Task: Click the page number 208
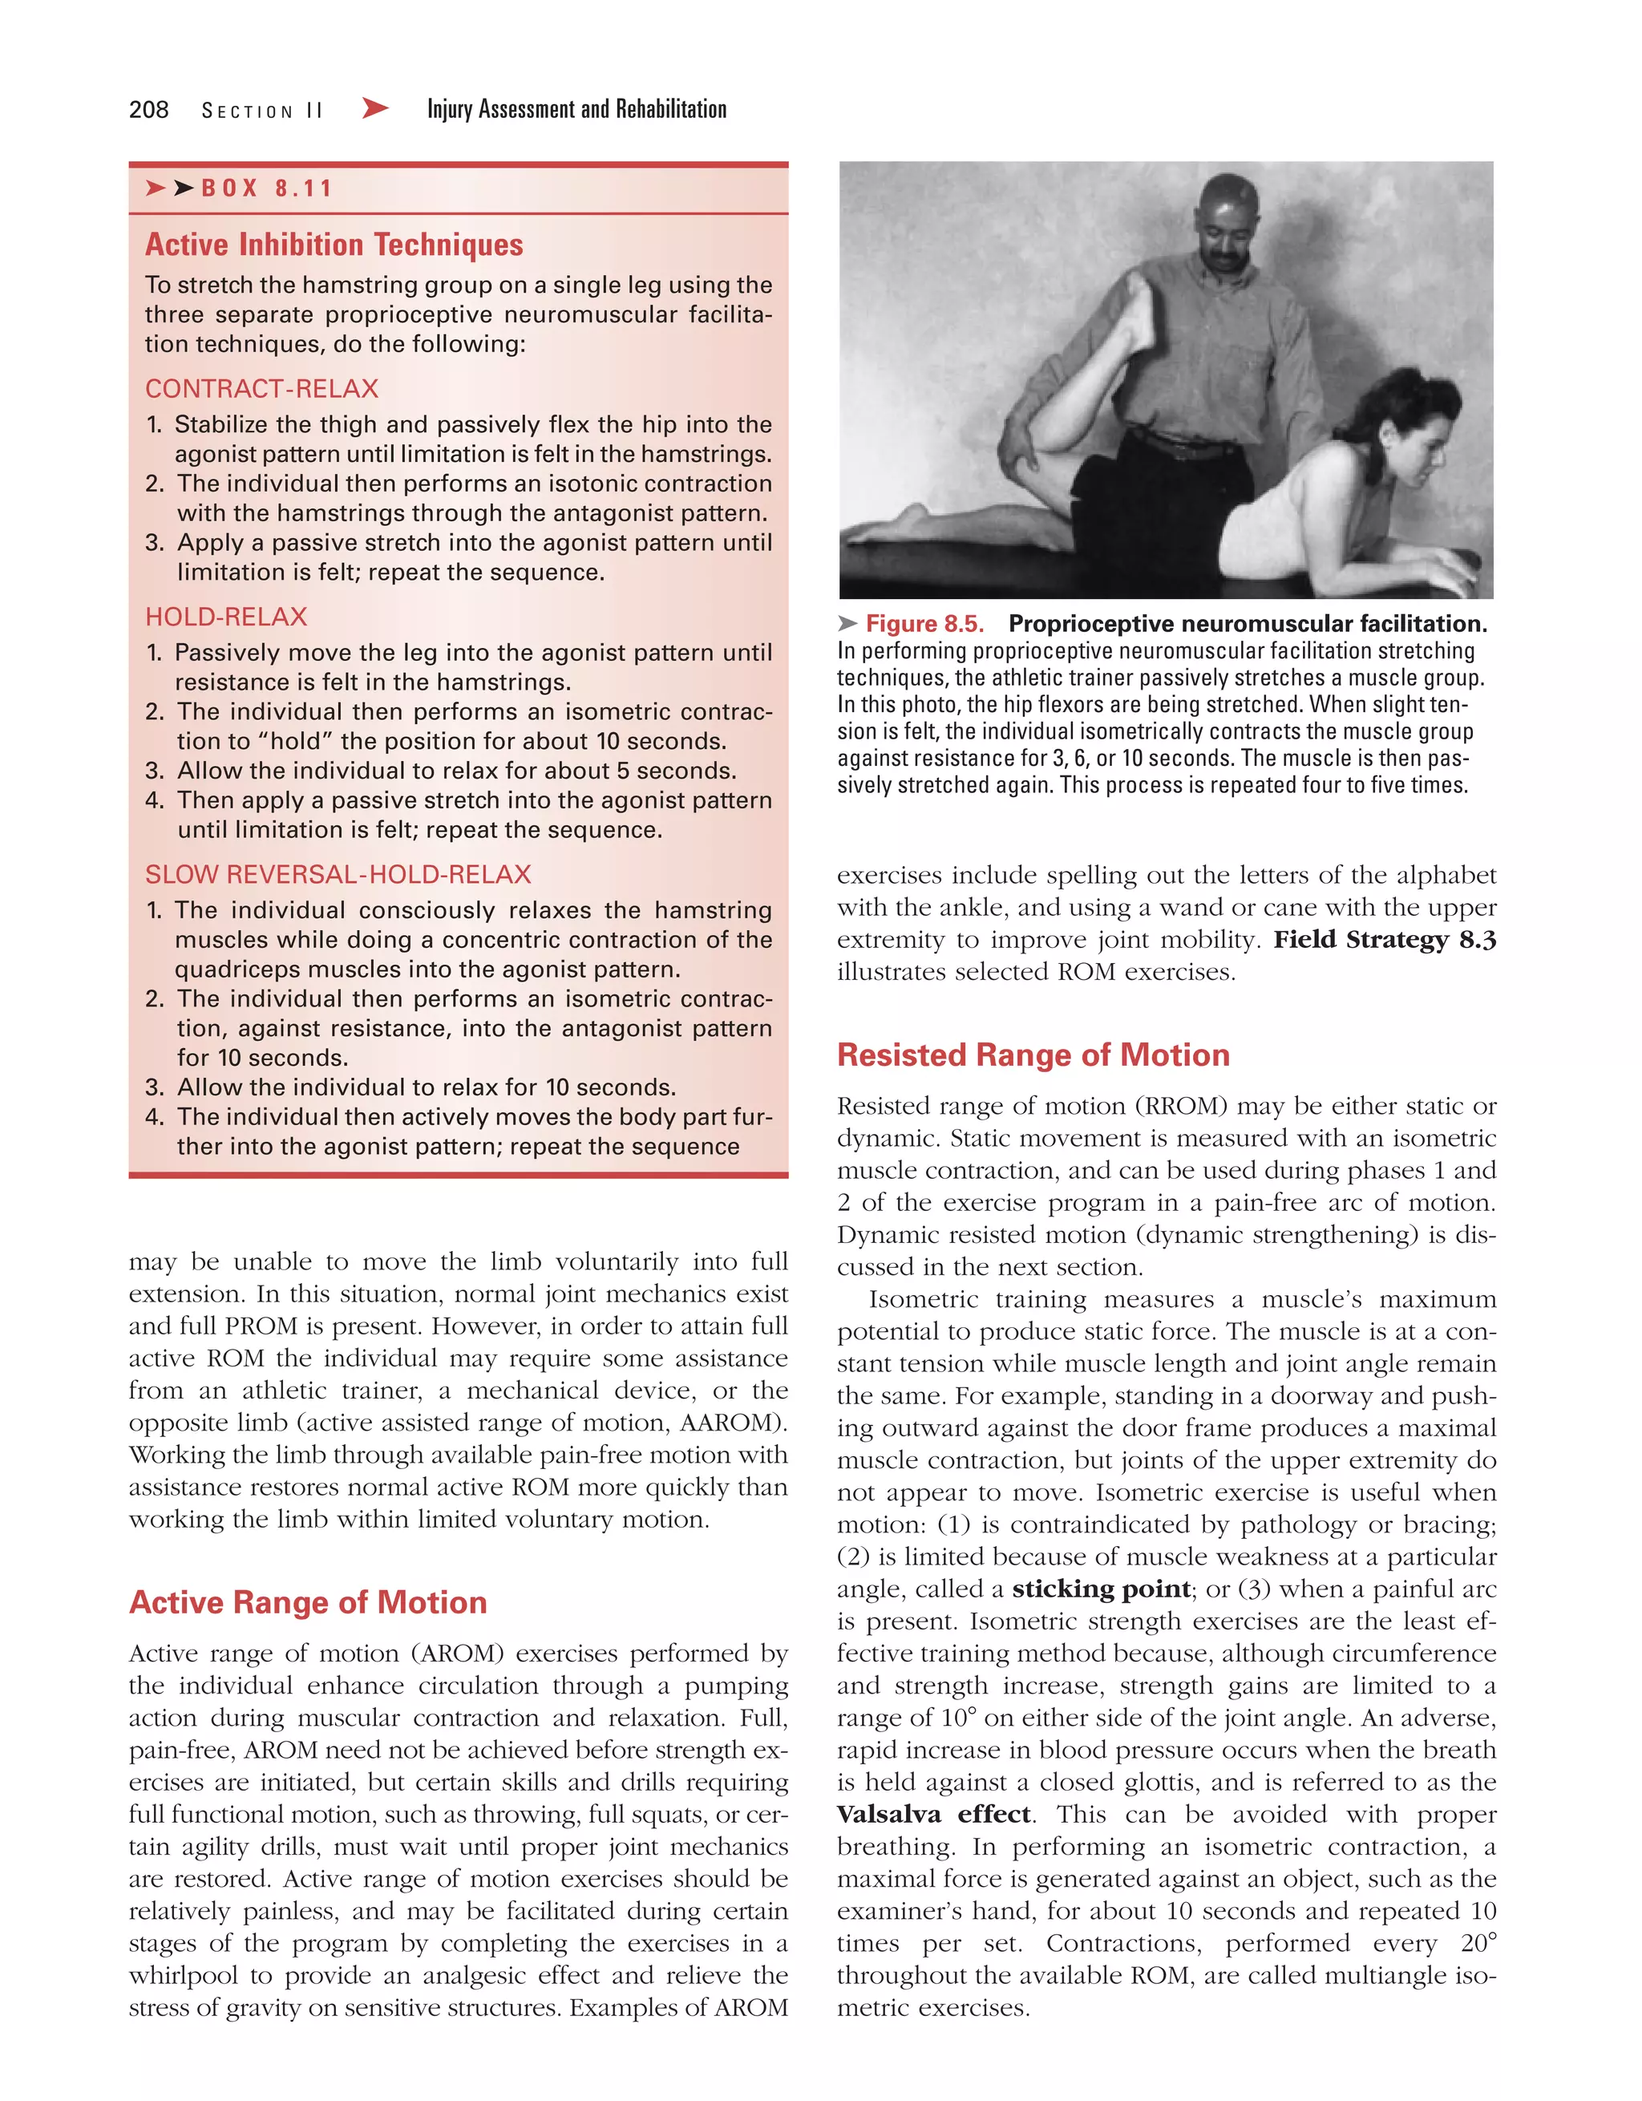[149, 110]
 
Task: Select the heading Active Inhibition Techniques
[334, 245]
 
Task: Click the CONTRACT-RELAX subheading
[261, 389]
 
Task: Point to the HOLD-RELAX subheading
[226, 617]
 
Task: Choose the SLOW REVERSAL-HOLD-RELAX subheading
[338, 874]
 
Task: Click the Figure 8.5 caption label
[924, 625]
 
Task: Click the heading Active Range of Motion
[308, 1603]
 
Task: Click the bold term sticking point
[1101, 1589]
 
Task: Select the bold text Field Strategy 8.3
[1384, 940]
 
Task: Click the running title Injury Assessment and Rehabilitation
[576, 110]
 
